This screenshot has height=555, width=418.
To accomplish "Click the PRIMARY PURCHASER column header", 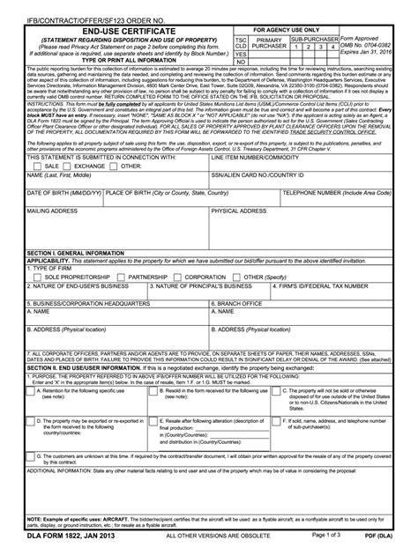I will click(268, 44).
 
